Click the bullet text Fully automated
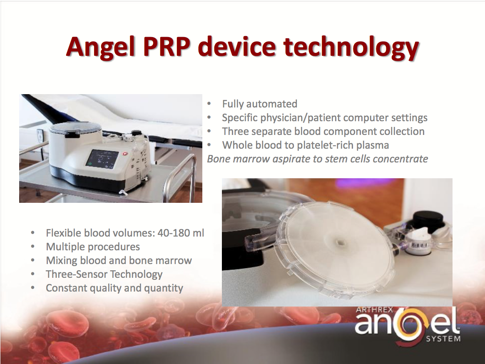pyautogui.click(x=259, y=104)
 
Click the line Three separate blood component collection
pyautogui.click(x=323, y=131)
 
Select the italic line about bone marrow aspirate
pyautogui.click(x=317, y=159)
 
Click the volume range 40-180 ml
pyautogui.click(x=181, y=233)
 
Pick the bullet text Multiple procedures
pyautogui.click(x=93, y=247)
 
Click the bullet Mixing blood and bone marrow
pyautogui.click(x=119, y=260)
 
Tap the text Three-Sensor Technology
pyautogui.click(x=104, y=274)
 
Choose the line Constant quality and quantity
pyautogui.click(x=114, y=288)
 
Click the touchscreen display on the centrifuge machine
pyautogui.click(x=102, y=159)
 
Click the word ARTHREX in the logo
pyautogui.click(x=374, y=309)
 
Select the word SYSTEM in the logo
pyautogui.click(x=443, y=339)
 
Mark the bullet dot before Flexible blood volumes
pyautogui.click(x=33, y=233)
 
